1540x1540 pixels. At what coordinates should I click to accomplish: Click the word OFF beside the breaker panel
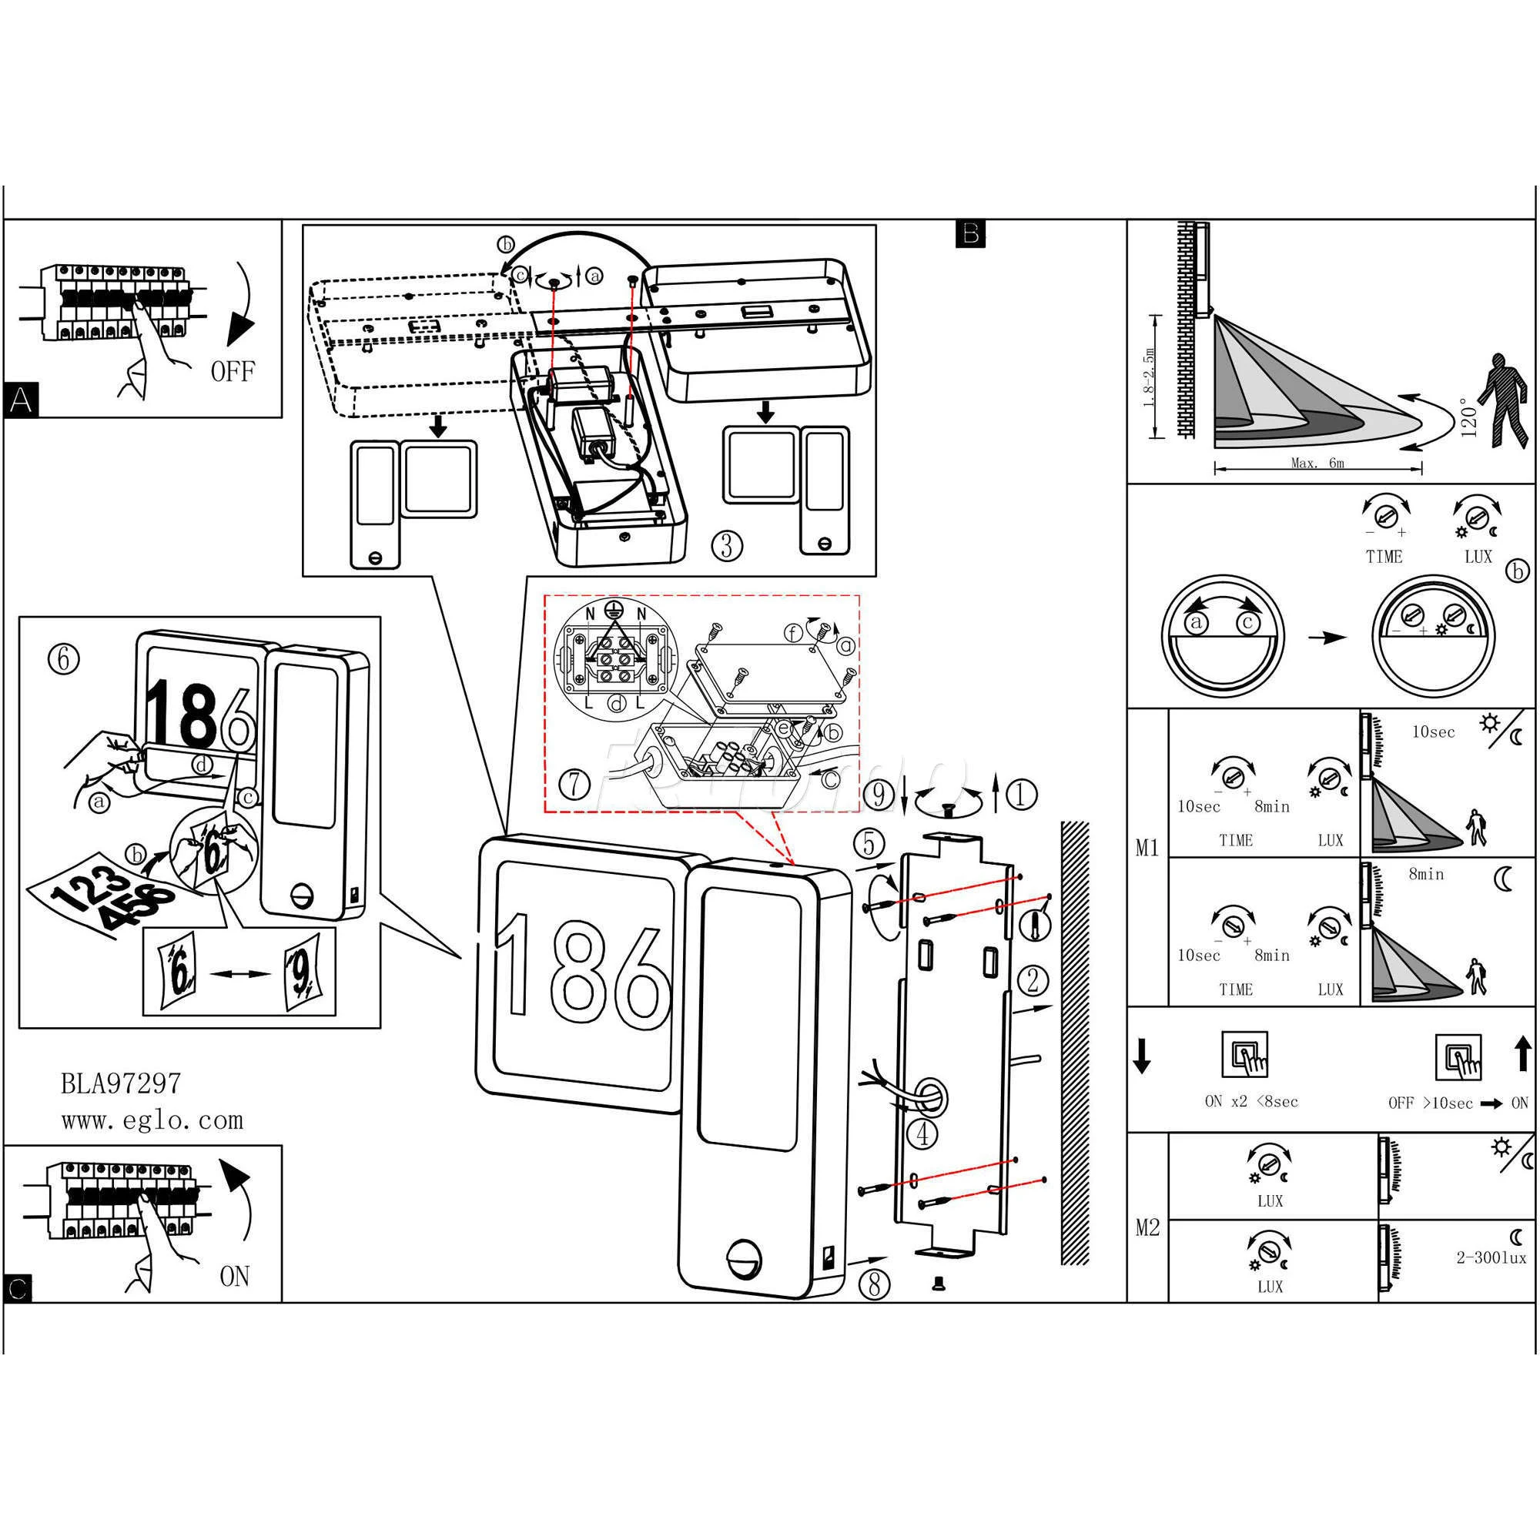point(233,371)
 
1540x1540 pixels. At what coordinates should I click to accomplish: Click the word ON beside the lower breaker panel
point(234,1276)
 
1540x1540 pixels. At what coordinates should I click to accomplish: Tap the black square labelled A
point(21,400)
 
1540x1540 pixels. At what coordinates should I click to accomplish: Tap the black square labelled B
point(970,233)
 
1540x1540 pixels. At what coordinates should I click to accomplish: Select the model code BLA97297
point(121,1083)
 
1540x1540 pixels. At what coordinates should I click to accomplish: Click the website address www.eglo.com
point(152,1120)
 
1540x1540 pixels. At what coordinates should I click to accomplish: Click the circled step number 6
point(64,659)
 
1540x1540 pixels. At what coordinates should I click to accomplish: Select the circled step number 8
point(875,1284)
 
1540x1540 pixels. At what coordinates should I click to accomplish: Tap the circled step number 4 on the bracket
point(923,1133)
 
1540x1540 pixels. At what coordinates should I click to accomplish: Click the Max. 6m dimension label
point(1317,462)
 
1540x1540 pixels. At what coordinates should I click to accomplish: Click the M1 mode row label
point(1147,847)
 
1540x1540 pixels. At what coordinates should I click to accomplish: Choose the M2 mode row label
point(1147,1227)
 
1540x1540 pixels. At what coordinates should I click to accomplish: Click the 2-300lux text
point(1491,1258)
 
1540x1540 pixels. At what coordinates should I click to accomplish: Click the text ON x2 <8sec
point(1251,1102)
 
